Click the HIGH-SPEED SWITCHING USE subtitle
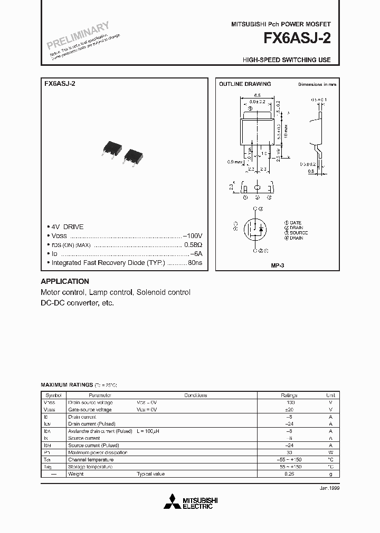pos(287,60)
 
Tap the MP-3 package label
pos(278,266)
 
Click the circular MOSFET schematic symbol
pos(256,230)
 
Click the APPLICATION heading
pos(65,281)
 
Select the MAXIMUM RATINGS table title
pos(66,385)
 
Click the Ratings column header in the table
pos(289,395)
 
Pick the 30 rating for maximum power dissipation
pos(289,452)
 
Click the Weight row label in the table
pos(76,474)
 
